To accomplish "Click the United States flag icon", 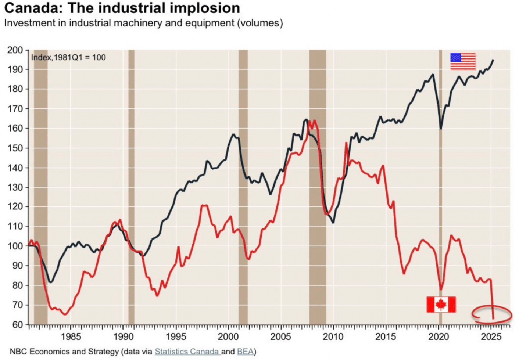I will [x=463, y=61].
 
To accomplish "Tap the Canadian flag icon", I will [x=441, y=305].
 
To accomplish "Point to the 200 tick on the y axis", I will [x=17, y=50].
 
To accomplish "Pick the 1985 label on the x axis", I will [x=71, y=336].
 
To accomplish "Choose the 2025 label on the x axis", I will [x=491, y=336].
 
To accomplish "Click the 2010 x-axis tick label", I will [x=333, y=336].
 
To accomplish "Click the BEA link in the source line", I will [x=245, y=352].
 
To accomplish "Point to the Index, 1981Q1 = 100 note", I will [x=68, y=57].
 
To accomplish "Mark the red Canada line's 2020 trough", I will [x=441, y=289].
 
